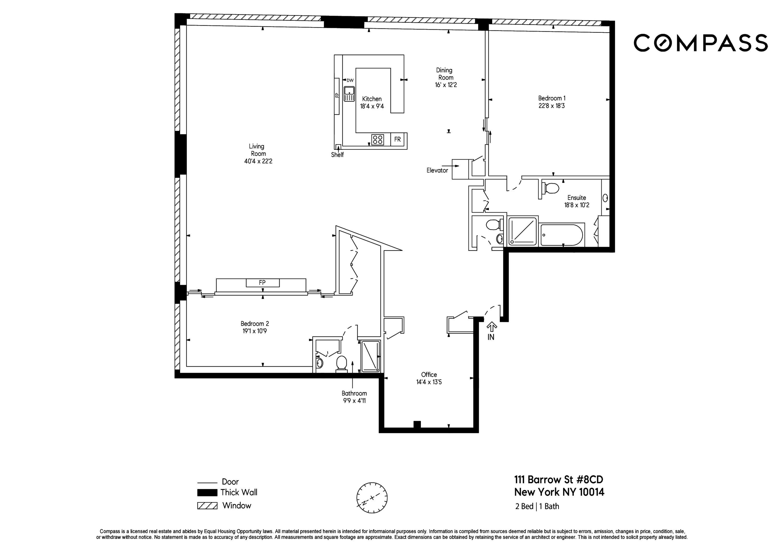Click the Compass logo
coord(701,43)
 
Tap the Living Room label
coord(258,150)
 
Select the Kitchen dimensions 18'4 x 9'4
coord(372,106)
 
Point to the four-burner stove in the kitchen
coord(377,139)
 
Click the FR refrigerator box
coord(398,139)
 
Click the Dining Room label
coord(445,74)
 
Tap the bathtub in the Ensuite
coord(562,235)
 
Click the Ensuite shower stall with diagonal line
coord(522,231)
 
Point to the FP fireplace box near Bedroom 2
coord(262,283)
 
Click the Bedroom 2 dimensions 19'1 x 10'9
coord(254,331)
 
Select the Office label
coord(429,375)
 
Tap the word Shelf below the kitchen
coord(337,155)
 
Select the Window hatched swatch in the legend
coord(207,506)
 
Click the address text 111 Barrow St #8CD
coord(559,480)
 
